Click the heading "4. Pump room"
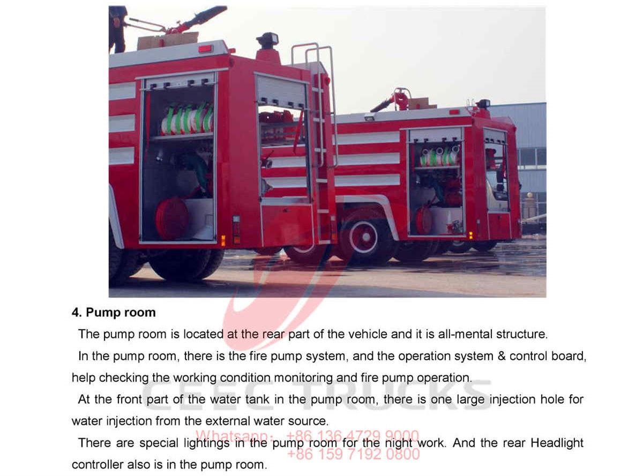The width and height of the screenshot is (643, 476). point(114,313)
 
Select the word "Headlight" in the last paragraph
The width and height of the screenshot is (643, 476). point(557,443)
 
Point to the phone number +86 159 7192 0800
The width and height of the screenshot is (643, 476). point(354,455)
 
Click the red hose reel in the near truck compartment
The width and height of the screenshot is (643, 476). point(171,217)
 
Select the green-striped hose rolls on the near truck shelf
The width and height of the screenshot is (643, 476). point(187,119)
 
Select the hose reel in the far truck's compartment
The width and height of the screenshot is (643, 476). point(424,220)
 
